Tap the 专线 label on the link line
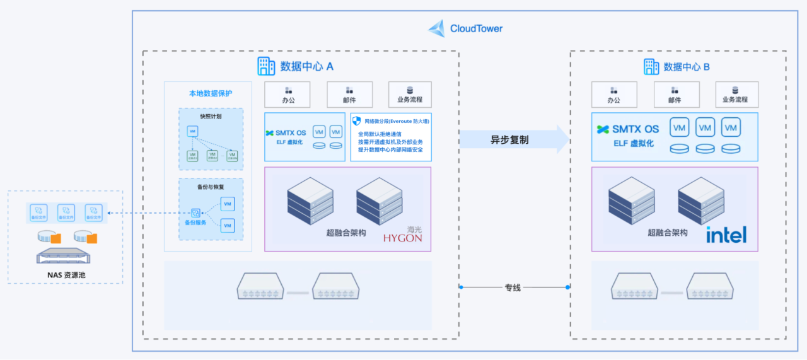pos(513,287)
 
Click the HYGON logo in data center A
pos(402,238)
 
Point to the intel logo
pos(726,235)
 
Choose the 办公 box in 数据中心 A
pos(289,95)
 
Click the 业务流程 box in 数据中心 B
pos(735,95)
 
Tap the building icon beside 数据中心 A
pos(266,66)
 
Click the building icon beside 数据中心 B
pos(651,67)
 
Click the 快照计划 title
pos(211,117)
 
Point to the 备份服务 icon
pos(195,213)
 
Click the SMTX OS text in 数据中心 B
pos(635,129)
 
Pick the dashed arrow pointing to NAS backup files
pos(145,213)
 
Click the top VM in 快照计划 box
pos(193,131)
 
